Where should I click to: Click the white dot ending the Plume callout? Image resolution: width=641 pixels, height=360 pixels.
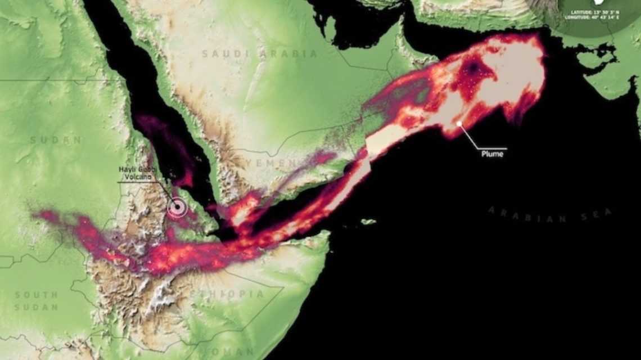(x=459, y=123)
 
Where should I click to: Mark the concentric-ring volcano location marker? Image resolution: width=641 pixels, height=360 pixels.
(x=177, y=208)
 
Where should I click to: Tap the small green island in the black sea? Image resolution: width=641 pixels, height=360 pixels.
(x=368, y=222)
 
